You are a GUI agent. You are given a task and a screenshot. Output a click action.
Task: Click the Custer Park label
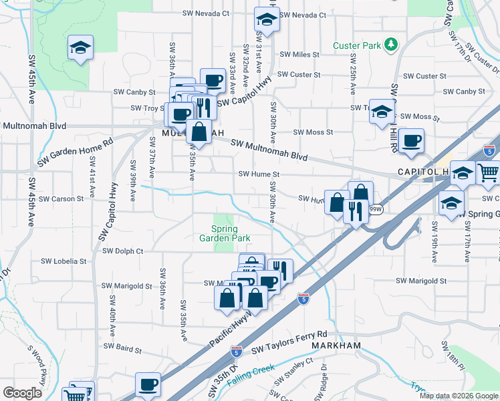pos(357,46)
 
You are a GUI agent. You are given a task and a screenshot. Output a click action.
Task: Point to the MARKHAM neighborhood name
pos(336,346)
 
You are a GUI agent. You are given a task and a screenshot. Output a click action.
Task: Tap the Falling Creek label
pos(251,378)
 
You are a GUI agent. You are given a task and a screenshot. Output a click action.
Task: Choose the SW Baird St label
pos(119,350)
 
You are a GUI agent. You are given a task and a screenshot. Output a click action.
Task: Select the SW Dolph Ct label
pos(123,251)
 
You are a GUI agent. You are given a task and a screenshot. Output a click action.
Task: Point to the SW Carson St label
pos(61,198)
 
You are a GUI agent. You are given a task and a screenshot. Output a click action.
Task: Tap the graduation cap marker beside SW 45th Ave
pos(80,47)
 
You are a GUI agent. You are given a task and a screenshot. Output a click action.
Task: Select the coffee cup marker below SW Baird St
pos(148,385)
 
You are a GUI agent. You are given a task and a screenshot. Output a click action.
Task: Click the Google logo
pos(22,393)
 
